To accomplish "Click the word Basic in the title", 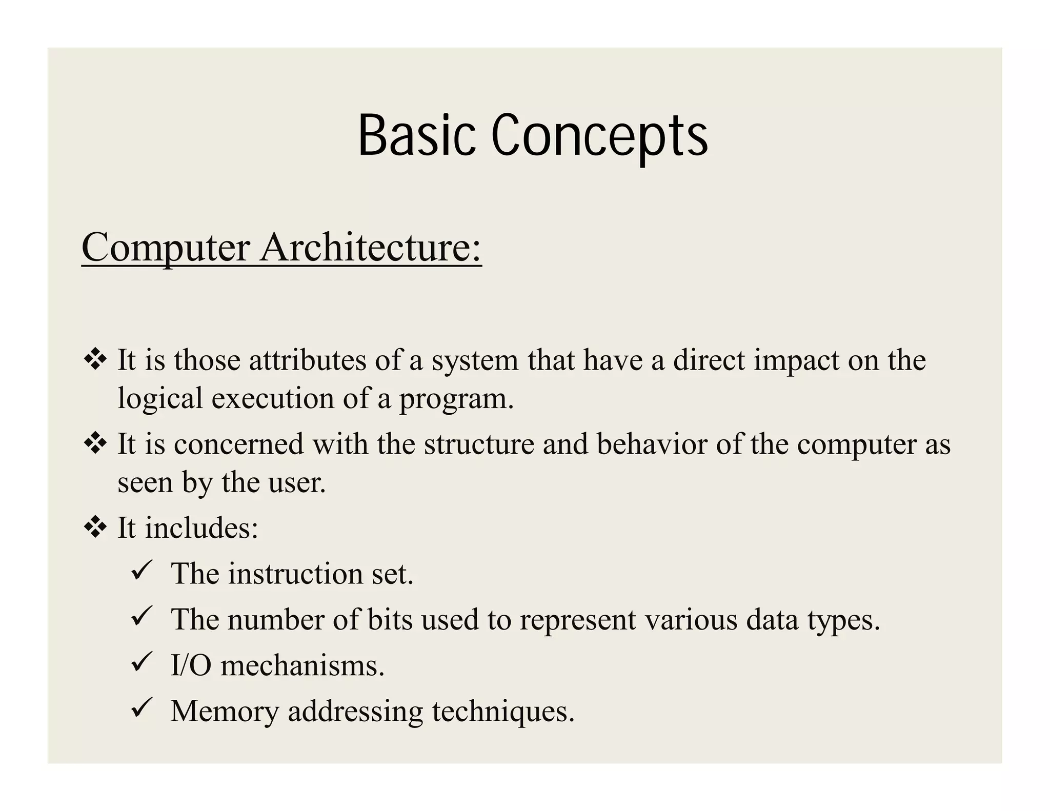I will (x=416, y=135).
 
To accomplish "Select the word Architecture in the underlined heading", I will (x=371, y=248).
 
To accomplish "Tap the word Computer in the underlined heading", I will (x=165, y=249).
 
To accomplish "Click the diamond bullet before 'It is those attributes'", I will (x=95, y=359).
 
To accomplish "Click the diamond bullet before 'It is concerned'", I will (x=95, y=443).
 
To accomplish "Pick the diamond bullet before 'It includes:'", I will (x=95, y=528).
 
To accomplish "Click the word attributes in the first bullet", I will (x=307, y=360).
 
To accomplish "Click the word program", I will (x=456, y=399).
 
